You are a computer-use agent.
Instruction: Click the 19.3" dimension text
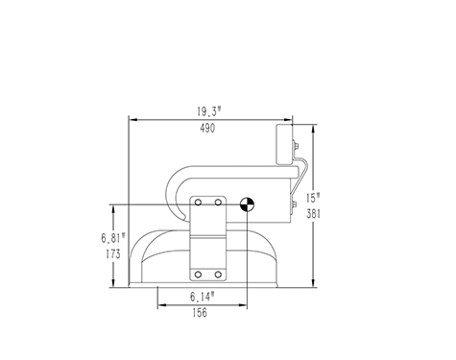(209, 111)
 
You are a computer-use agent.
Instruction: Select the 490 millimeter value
(207, 129)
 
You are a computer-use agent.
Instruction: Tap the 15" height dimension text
(313, 198)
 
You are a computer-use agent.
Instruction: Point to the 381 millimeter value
(313, 214)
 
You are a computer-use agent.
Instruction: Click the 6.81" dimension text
(113, 238)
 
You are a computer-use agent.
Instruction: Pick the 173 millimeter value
(113, 254)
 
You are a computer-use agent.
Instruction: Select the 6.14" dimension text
(203, 297)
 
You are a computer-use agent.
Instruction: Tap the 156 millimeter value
(200, 313)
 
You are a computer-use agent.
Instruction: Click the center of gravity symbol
(247, 204)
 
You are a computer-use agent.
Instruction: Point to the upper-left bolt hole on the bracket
(198, 203)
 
